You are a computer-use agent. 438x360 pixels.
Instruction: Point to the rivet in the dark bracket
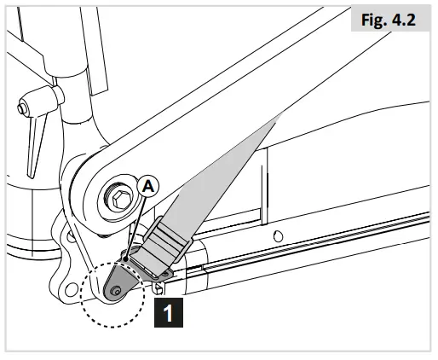[116, 291]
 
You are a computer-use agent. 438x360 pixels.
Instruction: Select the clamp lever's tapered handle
[35, 150]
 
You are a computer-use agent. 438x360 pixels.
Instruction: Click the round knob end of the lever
[20, 108]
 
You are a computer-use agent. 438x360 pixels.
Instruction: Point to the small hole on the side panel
[277, 236]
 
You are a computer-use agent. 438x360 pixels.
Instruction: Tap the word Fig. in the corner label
[372, 20]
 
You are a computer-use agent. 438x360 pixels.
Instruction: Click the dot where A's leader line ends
[126, 255]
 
